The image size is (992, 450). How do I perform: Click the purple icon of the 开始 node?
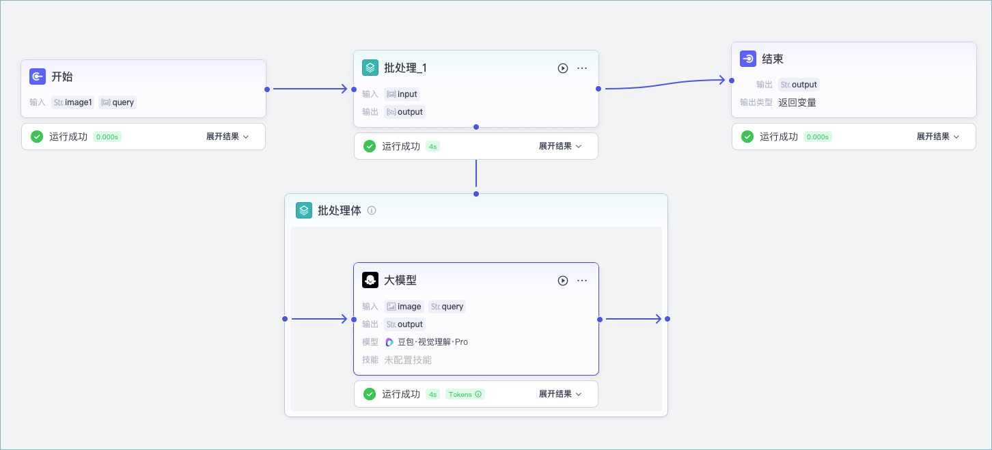pos(38,76)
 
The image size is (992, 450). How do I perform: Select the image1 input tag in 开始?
pos(73,102)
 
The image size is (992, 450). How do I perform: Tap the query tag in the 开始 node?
pos(118,102)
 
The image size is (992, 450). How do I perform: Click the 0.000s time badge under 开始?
pos(107,137)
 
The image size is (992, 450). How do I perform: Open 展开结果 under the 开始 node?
pos(228,137)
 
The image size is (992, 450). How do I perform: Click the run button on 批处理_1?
pos(563,68)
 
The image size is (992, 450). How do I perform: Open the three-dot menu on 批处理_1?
pos(582,68)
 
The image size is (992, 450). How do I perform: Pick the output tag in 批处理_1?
pos(404,112)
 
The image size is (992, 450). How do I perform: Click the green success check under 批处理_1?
pos(370,146)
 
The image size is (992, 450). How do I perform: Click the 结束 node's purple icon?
pos(748,59)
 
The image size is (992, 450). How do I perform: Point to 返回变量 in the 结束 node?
pos(797,102)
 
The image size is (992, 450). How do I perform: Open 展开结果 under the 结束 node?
pos(938,137)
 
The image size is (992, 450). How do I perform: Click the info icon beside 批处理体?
pos(372,210)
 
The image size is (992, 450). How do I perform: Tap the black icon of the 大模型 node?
pos(370,280)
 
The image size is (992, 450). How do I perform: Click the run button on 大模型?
pos(563,281)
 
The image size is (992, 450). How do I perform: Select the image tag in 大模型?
pos(404,307)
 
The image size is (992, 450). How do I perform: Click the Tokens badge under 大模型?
pos(465,394)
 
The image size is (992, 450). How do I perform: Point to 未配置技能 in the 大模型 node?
pos(408,360)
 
